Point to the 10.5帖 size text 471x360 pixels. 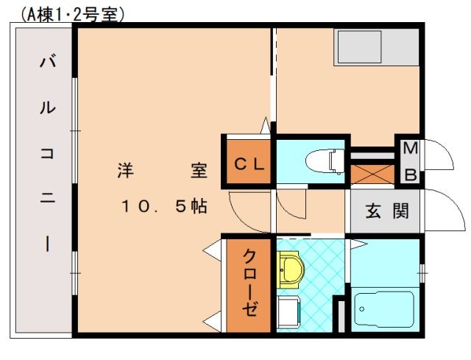click(163, 207)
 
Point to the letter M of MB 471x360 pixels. click(410, 149)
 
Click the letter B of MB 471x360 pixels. click(411, 174)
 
